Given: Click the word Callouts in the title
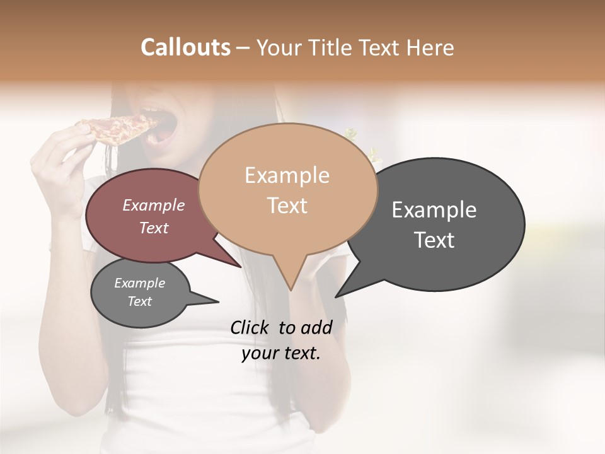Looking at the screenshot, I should point(185,47).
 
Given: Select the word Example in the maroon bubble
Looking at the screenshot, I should point(154,206).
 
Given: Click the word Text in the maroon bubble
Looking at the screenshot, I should point(154,228).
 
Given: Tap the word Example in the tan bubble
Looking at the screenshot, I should point(287,175).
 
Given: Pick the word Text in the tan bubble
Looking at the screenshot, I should point(287,206).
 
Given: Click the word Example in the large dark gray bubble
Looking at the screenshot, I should point(434,210).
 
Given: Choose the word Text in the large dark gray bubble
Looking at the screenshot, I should point(434,240).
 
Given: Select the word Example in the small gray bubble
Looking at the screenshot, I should point(139,283).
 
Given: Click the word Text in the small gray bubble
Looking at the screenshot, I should point(139,301).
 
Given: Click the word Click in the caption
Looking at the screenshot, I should point(252,327).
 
